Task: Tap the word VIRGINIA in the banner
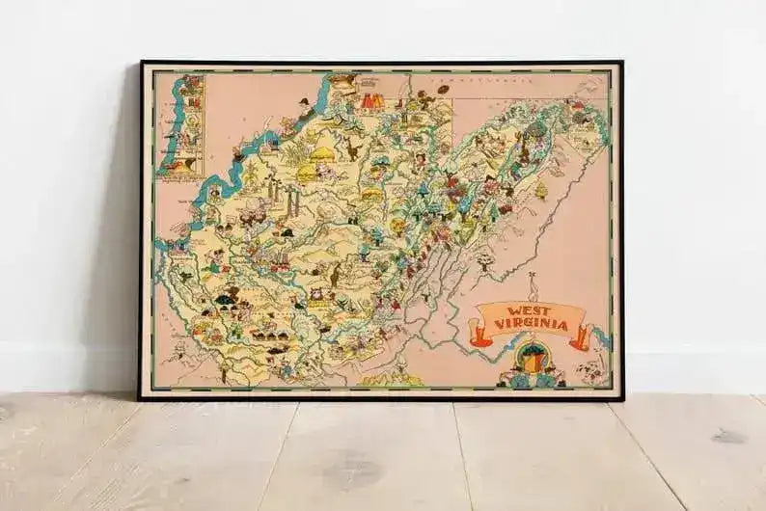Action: tap(531, 323)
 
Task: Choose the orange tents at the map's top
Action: tap(372, 99)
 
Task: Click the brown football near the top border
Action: tap(444, 89)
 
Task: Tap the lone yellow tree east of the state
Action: tap(540, 190)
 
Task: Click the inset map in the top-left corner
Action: tap(182, 125)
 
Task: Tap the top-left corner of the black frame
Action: tap(141, 63)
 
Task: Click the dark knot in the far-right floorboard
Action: tap(728, 437)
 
